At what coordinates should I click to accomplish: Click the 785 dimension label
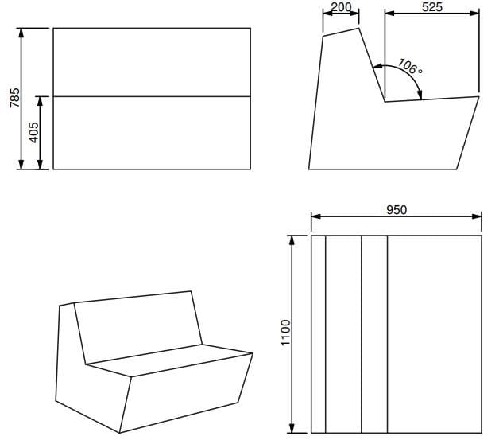[15, 98]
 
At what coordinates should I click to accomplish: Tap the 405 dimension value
[33, 132]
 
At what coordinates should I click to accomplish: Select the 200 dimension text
[341, 6]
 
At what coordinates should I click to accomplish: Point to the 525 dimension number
[432, 6]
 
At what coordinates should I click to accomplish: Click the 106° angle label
[410, 67]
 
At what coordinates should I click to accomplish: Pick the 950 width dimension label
[397, 210]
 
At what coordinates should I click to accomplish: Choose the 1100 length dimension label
[285, 332]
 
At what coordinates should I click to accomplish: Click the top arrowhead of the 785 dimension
[21, 33]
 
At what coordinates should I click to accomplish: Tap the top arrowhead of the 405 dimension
[40, 101]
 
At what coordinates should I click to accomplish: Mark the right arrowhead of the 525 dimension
[474, 14]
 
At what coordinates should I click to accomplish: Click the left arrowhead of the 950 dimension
[316, 216]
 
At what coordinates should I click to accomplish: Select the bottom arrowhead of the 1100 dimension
[292, 428]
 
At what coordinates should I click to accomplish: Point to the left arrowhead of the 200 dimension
[328, 14]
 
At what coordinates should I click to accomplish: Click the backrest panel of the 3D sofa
[138, 326]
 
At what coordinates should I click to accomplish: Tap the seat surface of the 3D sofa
[169, 360]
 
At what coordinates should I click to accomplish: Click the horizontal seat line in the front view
[152, 96]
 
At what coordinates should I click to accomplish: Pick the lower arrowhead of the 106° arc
[420, 95]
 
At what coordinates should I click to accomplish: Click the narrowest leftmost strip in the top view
[318, 334]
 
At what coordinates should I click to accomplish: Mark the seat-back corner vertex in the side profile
[385, 102]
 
